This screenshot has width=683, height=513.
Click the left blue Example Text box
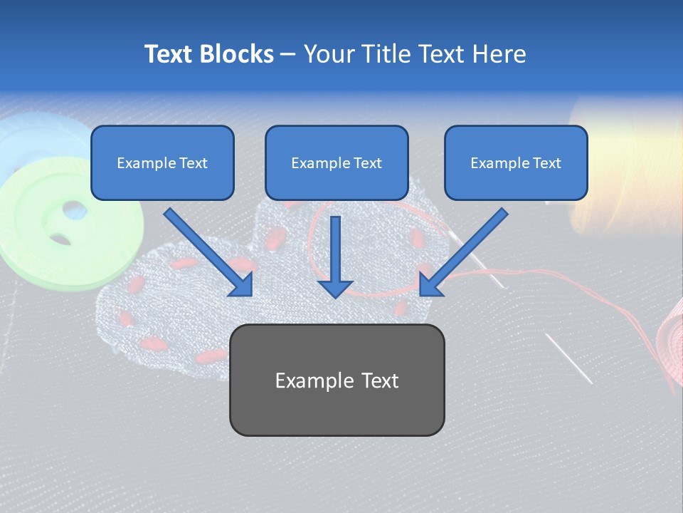(x=162, y=162)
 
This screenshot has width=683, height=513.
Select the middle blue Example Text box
(x=337, y=162)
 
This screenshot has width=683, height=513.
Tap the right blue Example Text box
(x=516, y=162)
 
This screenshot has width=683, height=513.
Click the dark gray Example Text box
(x=337, y=380)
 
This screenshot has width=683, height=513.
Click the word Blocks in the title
(x=238, y=54)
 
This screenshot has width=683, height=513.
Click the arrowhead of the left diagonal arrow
(x=242, y=284)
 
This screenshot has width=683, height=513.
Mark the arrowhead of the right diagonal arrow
(x=430, y=284)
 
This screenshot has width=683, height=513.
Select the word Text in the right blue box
(x=546, y=162)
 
